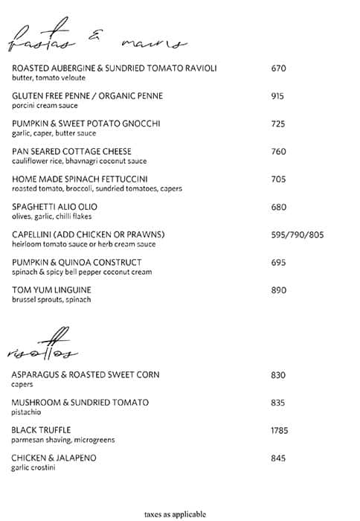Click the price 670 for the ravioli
tap(279, 68)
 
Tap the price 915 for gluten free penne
tap(279, 96)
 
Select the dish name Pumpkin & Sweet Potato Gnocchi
tap(86, 124)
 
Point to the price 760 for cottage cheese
tap(279, 151)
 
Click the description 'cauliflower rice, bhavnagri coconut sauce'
tap(80, 161)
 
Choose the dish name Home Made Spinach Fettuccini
tap(80, 179)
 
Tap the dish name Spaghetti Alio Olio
tap(55, 206)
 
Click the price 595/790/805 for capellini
tap(298, 234)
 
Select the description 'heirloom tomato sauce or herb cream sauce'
tap(83, 244)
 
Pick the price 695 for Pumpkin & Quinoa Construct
tap(279, 262)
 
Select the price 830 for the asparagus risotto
tap(279, 375)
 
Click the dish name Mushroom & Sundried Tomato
tap(80, 403)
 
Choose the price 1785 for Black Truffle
tap(280, 430)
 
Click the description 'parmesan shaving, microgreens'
tap(63, 440)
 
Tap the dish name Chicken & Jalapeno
tap(54, 458)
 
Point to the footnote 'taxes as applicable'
tap(179, 514)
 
